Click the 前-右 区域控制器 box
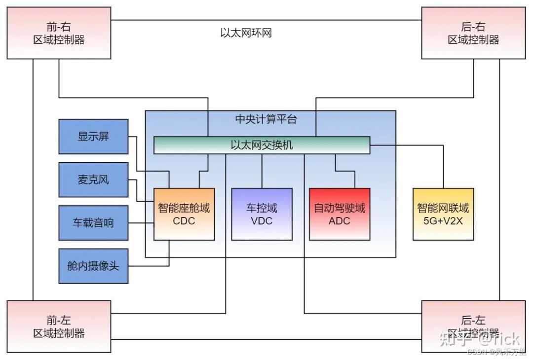59,33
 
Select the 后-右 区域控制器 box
473,33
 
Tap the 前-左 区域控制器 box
59,326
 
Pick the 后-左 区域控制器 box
473,326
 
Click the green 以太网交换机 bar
262,145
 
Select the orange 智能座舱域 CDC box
184,215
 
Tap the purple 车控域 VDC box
262,215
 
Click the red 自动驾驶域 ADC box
340,215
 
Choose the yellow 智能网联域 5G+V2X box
443,215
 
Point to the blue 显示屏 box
93,137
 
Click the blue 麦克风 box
93,180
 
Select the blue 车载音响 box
93,223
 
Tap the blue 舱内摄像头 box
93,266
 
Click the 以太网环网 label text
246,33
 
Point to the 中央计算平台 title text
266,119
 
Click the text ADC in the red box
339,221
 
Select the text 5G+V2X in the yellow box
443,221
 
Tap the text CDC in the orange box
184,221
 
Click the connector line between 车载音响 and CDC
141,223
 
